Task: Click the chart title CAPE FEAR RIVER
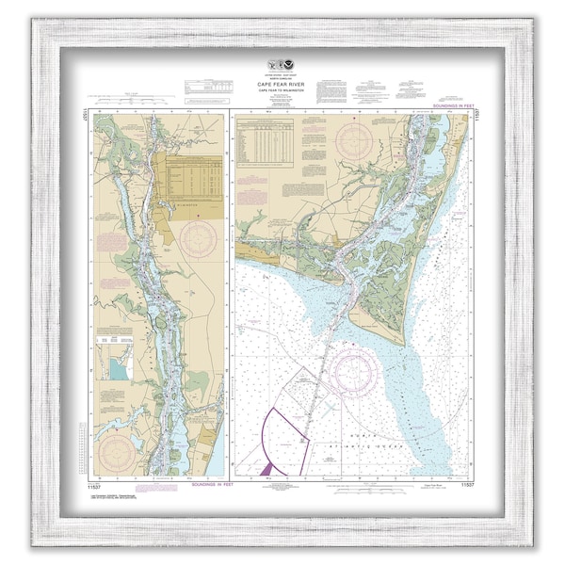(282, 83)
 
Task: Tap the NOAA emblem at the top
(282, 70)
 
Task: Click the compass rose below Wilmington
(199, 238)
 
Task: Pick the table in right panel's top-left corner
(266, 142)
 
